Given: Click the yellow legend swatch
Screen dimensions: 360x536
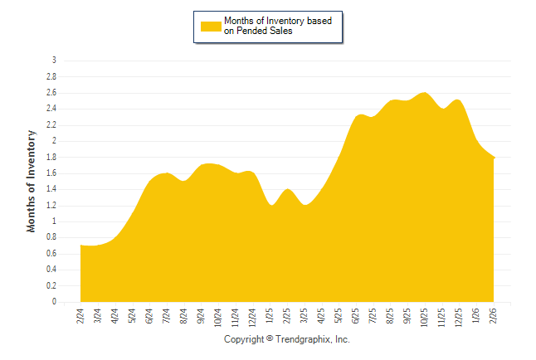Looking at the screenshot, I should [x=211, y=26].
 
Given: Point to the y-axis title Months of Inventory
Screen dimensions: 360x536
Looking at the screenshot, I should [x=32, y=181].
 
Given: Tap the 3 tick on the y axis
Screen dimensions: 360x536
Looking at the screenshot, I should [x=54, y=61].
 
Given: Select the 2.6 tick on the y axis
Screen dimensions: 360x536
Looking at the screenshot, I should [x=51, y=93].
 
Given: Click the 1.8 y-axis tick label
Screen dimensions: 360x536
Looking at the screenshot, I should [x=51, y=157].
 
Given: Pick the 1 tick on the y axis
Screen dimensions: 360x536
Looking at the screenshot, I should [x=54, y=221].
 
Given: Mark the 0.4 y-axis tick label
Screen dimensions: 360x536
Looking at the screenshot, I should [x=51, y=270].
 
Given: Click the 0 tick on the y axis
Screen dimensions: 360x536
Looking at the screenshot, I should [x=54, y=302].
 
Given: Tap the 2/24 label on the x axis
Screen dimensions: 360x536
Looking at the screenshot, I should [x=80, y=316].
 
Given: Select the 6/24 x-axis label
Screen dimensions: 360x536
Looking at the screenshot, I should [x=149, y=316].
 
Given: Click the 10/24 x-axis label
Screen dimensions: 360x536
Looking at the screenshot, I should [x=218, y=317].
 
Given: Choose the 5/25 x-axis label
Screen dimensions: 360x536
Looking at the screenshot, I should [x=339, y=316].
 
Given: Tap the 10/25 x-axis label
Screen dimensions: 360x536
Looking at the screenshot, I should [x=426, y=317].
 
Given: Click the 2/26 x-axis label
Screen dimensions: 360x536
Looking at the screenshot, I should [x=495, y=316].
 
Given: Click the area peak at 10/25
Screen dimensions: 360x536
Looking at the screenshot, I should [x=426, y=93].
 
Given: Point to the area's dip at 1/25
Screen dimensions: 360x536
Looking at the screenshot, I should [x=270, y=206].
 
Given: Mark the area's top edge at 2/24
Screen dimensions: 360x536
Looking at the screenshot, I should [x=80, y=246].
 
